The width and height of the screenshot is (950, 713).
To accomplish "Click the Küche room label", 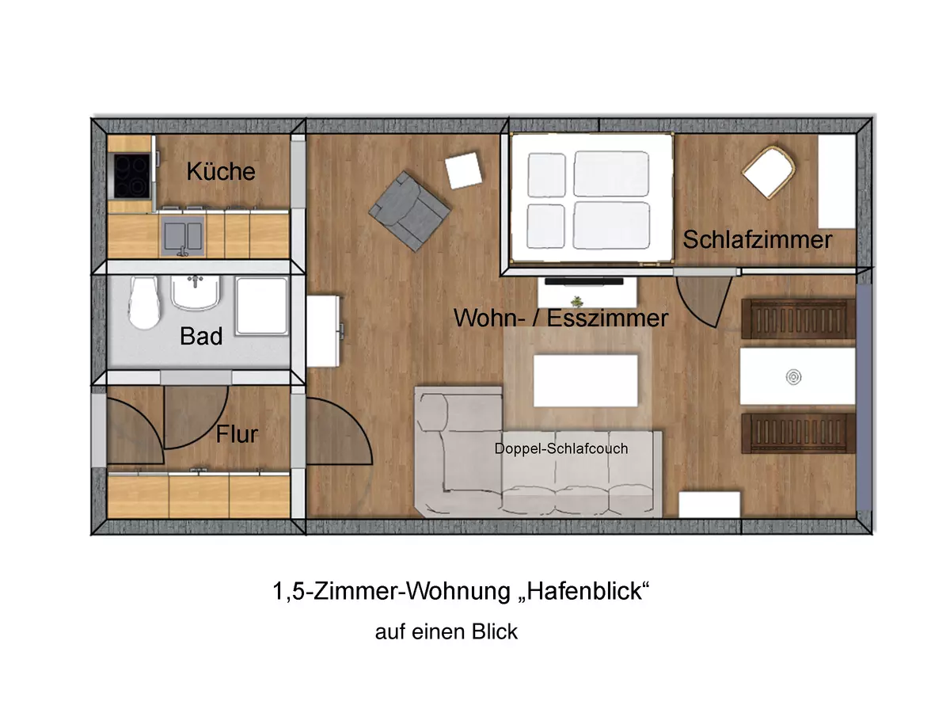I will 221,171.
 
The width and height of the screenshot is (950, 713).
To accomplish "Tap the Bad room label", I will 201,336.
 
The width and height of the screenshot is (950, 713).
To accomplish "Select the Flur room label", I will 237,434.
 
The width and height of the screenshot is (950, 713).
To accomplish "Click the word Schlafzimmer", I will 758,239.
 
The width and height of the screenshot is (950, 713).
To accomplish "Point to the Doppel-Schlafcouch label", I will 560,449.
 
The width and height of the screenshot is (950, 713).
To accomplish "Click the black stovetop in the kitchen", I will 131,176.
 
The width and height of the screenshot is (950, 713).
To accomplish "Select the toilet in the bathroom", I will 144,303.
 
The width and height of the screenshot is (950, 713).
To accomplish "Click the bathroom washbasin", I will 195,293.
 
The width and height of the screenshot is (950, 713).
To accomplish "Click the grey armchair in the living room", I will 408,210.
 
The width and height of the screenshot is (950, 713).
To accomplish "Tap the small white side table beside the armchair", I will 463,171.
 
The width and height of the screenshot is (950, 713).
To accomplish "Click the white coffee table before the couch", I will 586,380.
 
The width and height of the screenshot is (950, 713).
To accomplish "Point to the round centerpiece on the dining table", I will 793,377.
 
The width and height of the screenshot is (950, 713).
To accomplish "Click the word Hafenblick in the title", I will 584,592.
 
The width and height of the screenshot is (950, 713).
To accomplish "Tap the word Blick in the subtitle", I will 495,632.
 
